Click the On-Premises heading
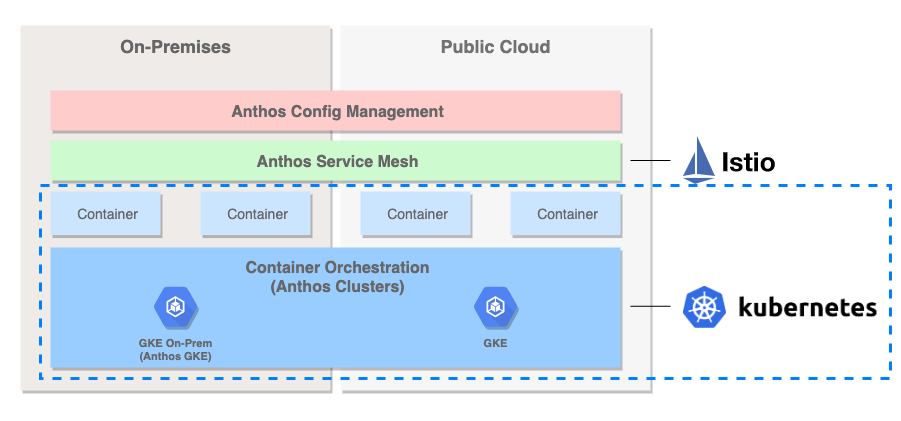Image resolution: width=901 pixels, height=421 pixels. pos(175,47)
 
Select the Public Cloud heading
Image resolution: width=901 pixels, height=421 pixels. pos(495,47)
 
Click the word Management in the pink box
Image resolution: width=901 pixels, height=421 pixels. pos(392,111)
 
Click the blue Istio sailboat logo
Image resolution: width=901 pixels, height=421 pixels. pos(698,160)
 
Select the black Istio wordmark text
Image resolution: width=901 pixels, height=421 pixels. pos(748,162)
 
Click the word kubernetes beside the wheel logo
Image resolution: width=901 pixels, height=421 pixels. pos(807,307)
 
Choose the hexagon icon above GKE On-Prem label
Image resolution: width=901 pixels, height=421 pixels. pos(175,308)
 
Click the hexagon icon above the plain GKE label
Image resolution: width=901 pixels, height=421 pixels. pos(495,308)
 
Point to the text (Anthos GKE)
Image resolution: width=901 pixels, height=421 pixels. pos(175,357)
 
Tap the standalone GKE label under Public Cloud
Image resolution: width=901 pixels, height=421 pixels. pos(495,343)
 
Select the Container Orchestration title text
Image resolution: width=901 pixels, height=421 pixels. pos(337,268)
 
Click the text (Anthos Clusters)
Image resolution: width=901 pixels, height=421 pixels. pos(337,286)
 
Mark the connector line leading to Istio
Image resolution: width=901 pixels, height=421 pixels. pos(650,161)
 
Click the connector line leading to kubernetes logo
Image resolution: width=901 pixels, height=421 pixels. pos(650,306)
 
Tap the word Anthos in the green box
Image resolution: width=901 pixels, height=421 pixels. pos(284,161)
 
